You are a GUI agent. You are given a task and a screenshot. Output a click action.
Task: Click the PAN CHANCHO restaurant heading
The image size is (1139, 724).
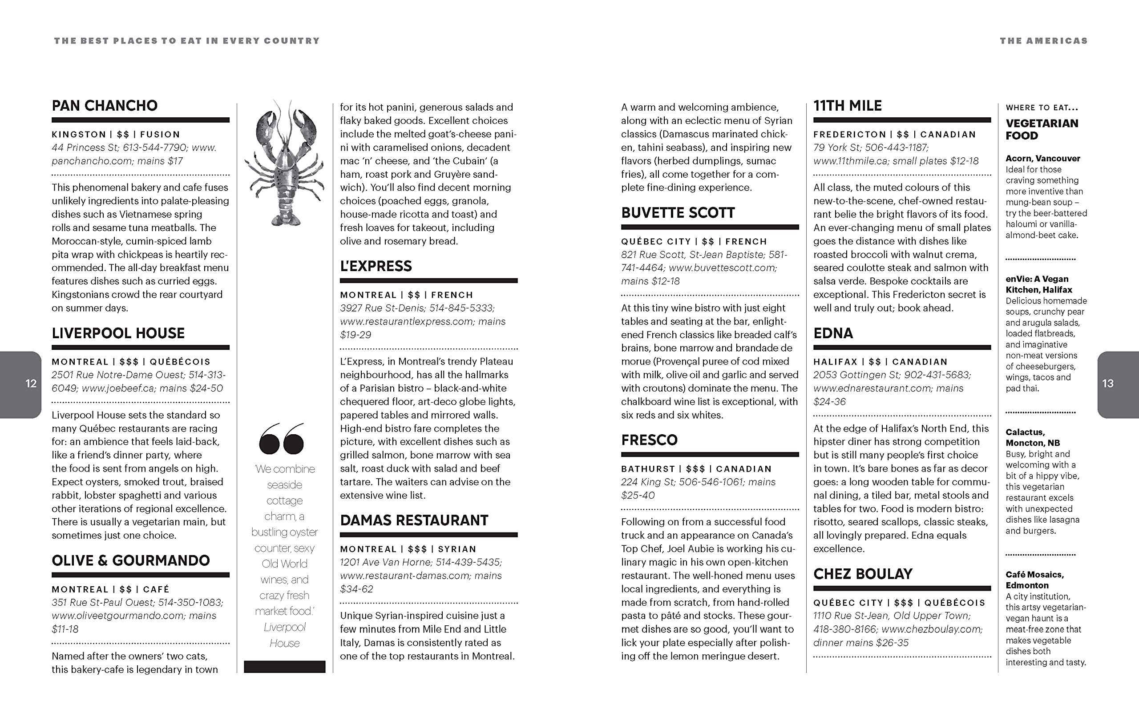click(105, 105)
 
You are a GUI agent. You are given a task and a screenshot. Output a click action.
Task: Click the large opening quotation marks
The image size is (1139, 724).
click(282, 439)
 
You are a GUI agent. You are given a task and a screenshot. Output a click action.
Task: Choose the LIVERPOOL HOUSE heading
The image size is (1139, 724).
click(118, 333)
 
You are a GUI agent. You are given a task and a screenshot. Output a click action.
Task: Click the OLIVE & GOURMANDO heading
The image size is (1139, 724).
click(130, 560)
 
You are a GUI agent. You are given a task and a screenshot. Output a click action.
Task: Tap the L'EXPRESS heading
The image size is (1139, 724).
click(376, 266)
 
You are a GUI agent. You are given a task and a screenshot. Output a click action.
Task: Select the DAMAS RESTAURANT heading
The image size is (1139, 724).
click(414, 520)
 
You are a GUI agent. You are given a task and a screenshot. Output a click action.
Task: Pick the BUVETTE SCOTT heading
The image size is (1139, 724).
click(678, 212)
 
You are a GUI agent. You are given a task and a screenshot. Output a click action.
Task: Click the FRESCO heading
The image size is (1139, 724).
click(649, 440)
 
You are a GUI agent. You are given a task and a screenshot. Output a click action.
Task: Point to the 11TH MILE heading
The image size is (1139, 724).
click(847, 105)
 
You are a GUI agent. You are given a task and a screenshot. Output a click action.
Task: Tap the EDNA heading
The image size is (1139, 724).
click(833, 333)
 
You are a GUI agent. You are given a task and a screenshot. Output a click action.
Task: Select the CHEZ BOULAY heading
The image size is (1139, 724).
click(862, 574)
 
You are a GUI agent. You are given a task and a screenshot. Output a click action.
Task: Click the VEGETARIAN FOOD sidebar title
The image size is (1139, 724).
click(1042, 129)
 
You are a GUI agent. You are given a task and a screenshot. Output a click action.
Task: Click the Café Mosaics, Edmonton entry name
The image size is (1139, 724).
click(1034, 580)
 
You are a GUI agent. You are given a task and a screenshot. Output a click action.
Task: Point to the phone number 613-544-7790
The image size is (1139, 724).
click(155, 148)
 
